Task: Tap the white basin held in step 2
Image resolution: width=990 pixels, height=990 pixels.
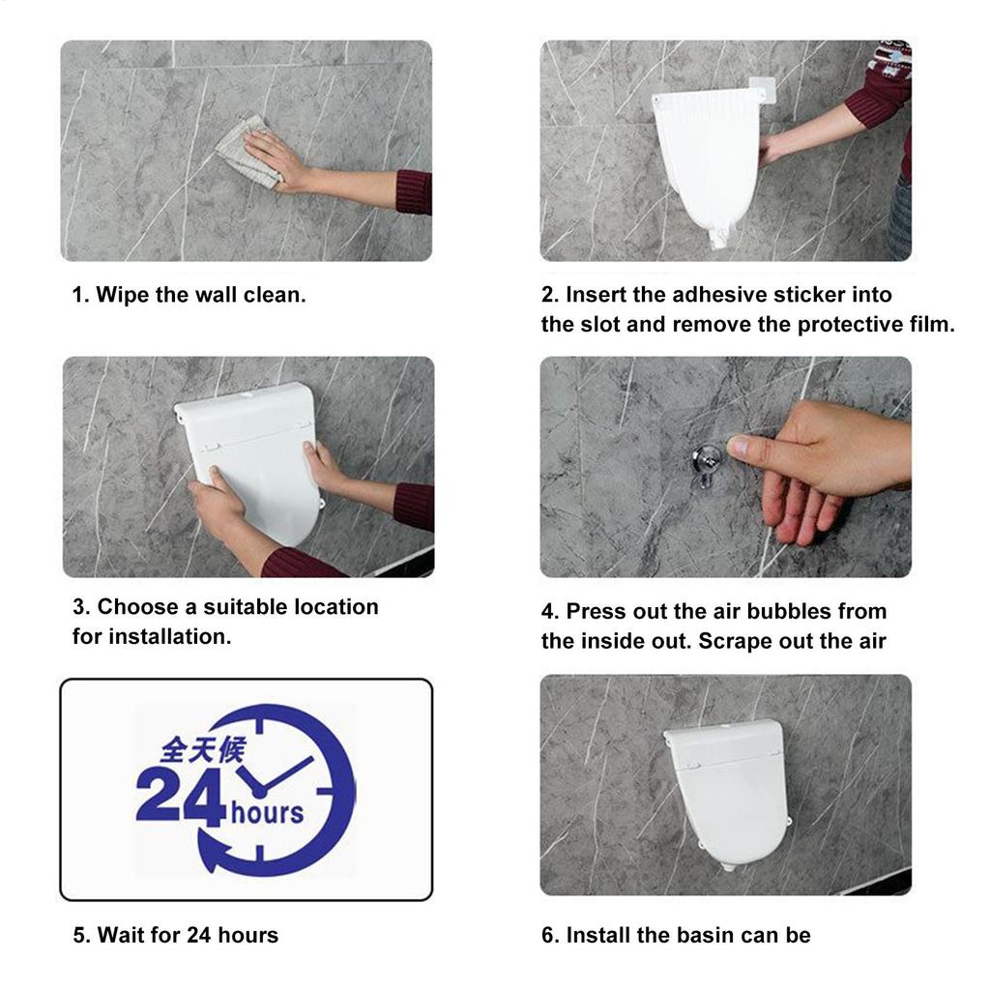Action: (x=711, y=160)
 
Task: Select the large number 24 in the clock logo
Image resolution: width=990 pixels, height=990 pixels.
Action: (x=180, y=798)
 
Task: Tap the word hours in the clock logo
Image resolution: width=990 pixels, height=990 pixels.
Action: (x=267, y=812)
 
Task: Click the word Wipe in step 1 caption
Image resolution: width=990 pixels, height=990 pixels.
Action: (x=121, y=295)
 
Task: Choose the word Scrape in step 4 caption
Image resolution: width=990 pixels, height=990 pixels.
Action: (x=733, y=641)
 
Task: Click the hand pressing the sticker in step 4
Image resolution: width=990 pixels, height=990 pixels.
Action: (x=822, y=464)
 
